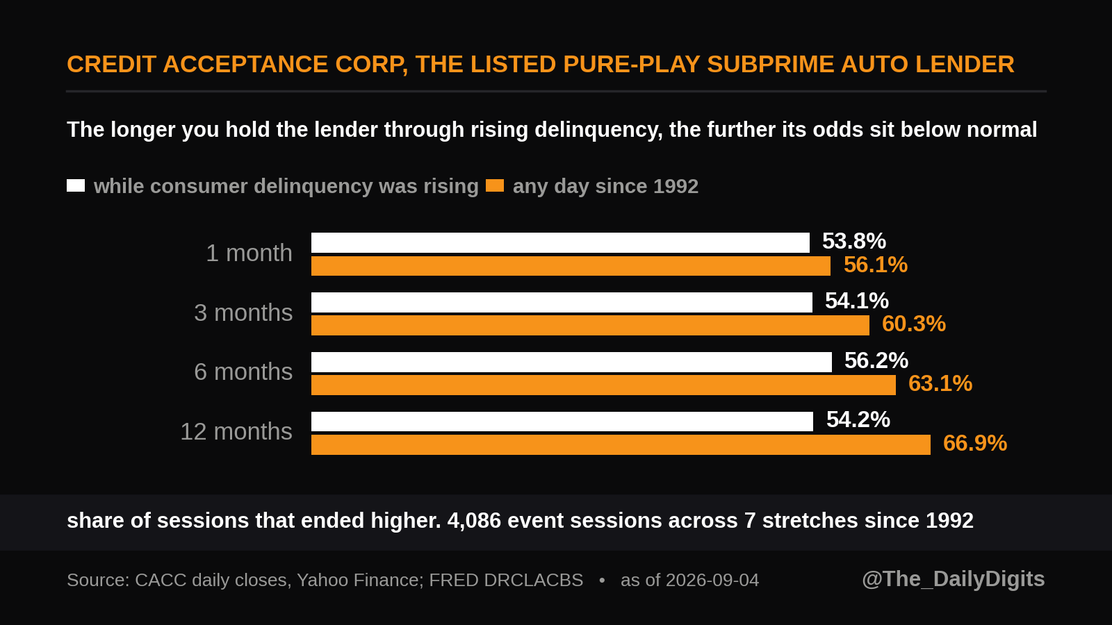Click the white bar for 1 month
pyautogui.click(x=560, y=242)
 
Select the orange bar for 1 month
pyautogui.click(x=571, y=266)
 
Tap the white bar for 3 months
pyautogui.click(x=562, y=302)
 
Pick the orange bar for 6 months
pyautogui.click(x=604, y=385)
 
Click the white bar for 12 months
pyautogui.click(x=562, y=422)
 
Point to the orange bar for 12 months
pyautogui.click(x=621, y=444)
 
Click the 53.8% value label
pyautogui.click(x=854, y=242)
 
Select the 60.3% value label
pyautogui.click(x=914, y=324)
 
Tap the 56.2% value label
pyautogui.click(x=876, y=360)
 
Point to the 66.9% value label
pyautogui.click(x=975, y=443)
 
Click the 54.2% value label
pyautogui.click(x=858, y=419)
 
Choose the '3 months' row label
pyautogui.click(x=243, y=312)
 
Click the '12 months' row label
pyautogui.click(x=236, y=431)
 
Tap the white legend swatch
pyautogui.click(x=76, y=185)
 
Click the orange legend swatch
pyautogui.click(x=495, y=185)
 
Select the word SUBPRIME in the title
pyautogui.click(x=771, y=65)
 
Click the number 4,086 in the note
pyautogui.click(x=474, y=521)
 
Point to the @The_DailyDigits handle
pyautogui.click(x=953, y=579)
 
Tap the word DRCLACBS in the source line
pyautogui.click(x=534, y=580)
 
